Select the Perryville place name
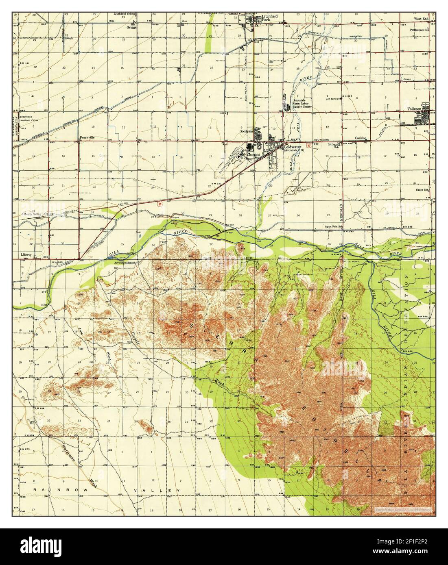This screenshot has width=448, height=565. [x=87, y=137]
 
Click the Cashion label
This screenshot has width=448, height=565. [x=360, y=138]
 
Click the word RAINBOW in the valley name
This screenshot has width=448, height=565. [x=53, y=491]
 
